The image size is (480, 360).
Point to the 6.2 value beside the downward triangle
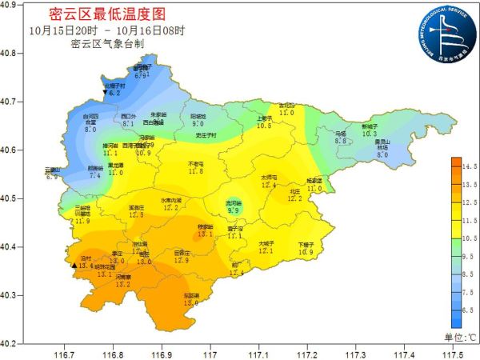tap(114, 94)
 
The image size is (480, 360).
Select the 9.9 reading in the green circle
tap(233, 210)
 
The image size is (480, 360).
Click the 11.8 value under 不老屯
tap(196, 171)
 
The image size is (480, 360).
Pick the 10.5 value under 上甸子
tap(264, 126)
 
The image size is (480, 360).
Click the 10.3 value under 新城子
tap(369, 134)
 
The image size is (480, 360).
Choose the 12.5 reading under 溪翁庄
tap(137, 214)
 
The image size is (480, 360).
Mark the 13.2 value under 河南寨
tap(123, 284)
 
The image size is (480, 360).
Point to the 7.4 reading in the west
tap(94, 175)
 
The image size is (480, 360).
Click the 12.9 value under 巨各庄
tap(182, 260)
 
